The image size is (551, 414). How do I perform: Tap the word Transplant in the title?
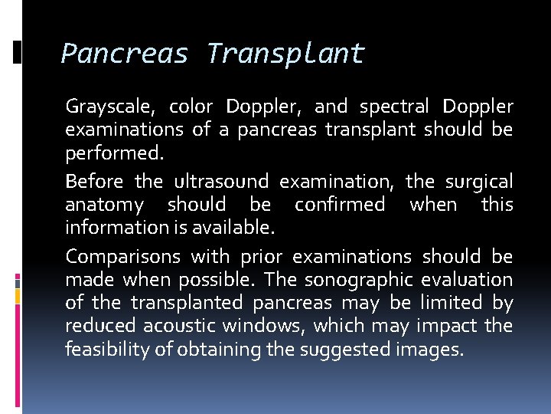[285, 54]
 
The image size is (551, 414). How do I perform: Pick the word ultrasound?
[221, 182]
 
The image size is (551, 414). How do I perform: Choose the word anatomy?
[104, 205]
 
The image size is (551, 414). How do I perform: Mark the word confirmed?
[340, 205]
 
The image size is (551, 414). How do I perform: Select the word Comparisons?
[122, 256]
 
